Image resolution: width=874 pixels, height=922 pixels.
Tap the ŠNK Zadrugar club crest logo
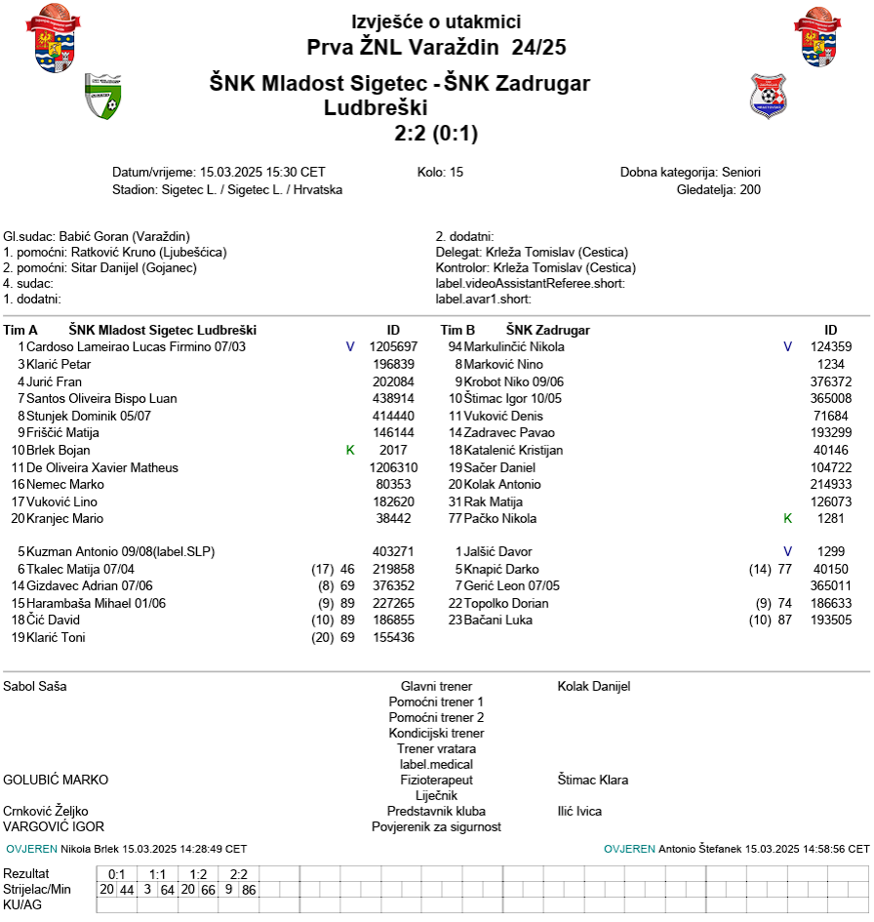pyautogui.click(x=768, y=96)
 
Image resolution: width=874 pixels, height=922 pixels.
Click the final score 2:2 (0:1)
pyautogui.click(x=436, y=133)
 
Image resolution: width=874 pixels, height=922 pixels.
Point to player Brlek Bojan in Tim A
pyautogui.click(x=59, y=450)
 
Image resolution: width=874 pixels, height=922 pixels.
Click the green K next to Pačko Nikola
pyautogui.click(x=787, y=518)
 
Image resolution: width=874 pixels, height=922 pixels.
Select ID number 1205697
pyautogui.click(x=393, y=346)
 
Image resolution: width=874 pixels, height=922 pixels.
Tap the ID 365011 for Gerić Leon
pyautogui.click(x=831, y=585)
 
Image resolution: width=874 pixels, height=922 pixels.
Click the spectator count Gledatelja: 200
pyautogui.click(x=718, y=189)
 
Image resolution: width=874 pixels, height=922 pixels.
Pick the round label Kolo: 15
pyautogui.click(x=440, y=172)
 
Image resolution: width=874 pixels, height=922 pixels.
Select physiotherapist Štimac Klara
pyautogui.click(x=593, y=780)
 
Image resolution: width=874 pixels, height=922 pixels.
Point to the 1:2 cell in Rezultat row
pyautogui.click(x=198, y=874)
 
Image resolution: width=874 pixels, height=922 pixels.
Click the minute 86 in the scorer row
pyautogui.click(x=249, y=890)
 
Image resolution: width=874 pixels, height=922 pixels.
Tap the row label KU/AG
pyautogui.click(x=22, y=905)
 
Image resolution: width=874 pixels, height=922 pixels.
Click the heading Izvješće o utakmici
pyautogui.click(x=436, y=22)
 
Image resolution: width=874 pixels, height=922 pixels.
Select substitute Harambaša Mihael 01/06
pyautogui.click(x=96, y=603)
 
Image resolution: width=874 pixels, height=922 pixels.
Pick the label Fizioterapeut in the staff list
pyautogui.click(x=436, y=780)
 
